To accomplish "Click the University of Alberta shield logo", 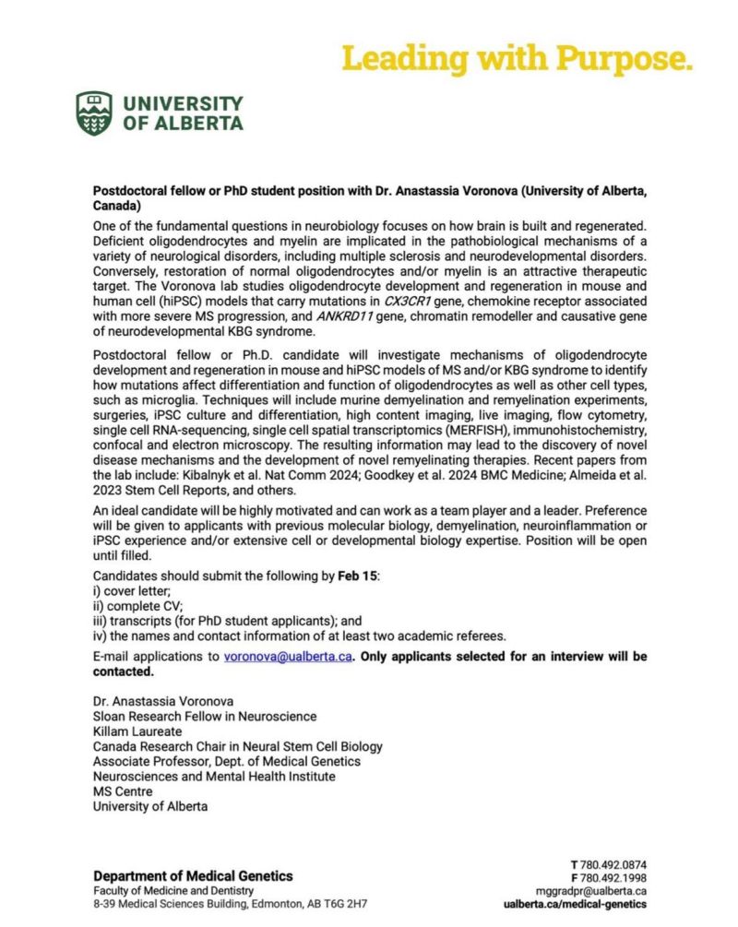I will pos(95,113).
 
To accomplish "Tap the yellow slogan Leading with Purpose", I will pos(517,58).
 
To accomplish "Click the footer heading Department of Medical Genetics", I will pos(193,875).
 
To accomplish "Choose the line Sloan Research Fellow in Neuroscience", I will pos(204,717).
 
